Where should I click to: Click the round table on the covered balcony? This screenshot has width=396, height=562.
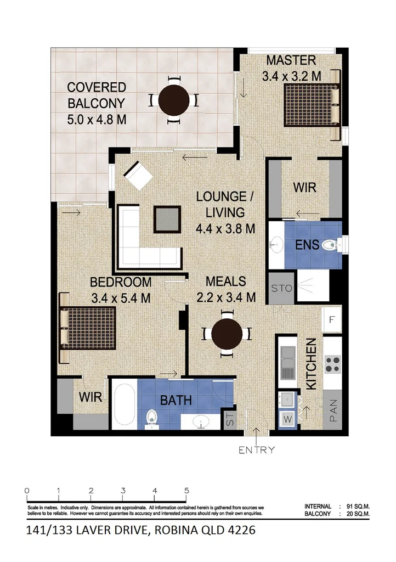coord(173,100)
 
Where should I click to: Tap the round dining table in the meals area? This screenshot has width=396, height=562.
coord(227,334)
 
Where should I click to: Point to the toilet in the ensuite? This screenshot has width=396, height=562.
coord(330,245)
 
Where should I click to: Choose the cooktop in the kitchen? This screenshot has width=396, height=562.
coord(332,363)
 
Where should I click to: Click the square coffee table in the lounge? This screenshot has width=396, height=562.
coord(167,219)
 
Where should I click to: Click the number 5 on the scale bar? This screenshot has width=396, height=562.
coord(187,491)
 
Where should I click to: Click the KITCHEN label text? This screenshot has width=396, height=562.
coord(310,364)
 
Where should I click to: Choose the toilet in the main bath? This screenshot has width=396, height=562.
coord(151,420)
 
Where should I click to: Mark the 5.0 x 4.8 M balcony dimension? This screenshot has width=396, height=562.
coord(97,118)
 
